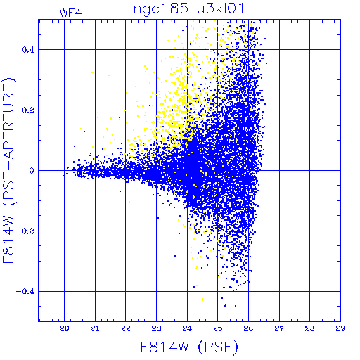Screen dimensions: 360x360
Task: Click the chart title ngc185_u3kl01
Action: tap(189, 9)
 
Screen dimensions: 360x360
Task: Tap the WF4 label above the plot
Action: tap(70, 13)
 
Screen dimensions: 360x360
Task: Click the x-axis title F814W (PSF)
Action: tap(189, 347)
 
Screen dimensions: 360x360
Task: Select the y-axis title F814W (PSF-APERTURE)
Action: tap(8, 170)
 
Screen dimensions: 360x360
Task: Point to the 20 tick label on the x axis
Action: tap(64, 328)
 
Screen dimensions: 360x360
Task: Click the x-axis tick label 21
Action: tap(95, 328)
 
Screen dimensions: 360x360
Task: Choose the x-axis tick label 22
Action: tap(126, 328)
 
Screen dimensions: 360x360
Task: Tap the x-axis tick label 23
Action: tap(156, 328)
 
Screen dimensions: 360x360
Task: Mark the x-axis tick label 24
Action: tap(187, 328)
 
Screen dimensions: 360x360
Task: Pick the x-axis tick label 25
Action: tap(218, 328)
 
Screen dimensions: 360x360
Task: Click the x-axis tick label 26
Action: tap(248, 328)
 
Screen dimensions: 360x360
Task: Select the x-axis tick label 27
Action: tap(279, 328)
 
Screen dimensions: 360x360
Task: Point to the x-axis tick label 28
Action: tap(310, 328)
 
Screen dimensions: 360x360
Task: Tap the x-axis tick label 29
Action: tap(340, 328)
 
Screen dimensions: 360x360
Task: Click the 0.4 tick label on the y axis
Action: tap(28, 50)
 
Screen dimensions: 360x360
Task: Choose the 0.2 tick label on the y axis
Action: tap(28, 110)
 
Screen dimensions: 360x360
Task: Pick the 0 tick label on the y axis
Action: tap(32, 171)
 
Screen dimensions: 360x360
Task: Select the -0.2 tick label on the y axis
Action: tap(25, 231)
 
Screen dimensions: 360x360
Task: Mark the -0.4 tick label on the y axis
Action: tap(25, 292)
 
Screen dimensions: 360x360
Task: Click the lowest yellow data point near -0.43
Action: tap(202, 300)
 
